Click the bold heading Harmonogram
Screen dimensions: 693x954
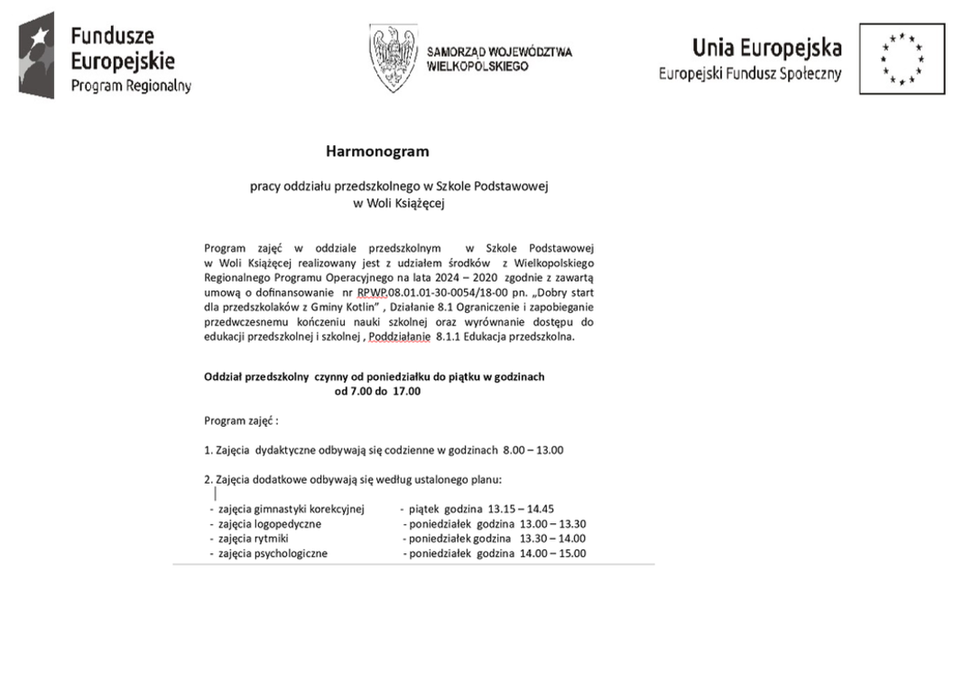click(x=377, y=152)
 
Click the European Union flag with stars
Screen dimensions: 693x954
click(x=902, y=59)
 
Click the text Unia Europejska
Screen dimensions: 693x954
click(x=766, y=48)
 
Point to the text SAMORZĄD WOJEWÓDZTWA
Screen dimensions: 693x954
click(x=499, y=52)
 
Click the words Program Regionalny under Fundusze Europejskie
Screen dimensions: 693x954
click(x=131, y=86)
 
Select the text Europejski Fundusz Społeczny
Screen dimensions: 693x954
click(x=749, y=74)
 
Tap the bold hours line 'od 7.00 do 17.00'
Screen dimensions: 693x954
click(x=377, y=392)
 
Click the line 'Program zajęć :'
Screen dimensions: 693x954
click(x=241, y=420)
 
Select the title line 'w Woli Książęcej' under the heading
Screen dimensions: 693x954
click(x=400, y=203)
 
